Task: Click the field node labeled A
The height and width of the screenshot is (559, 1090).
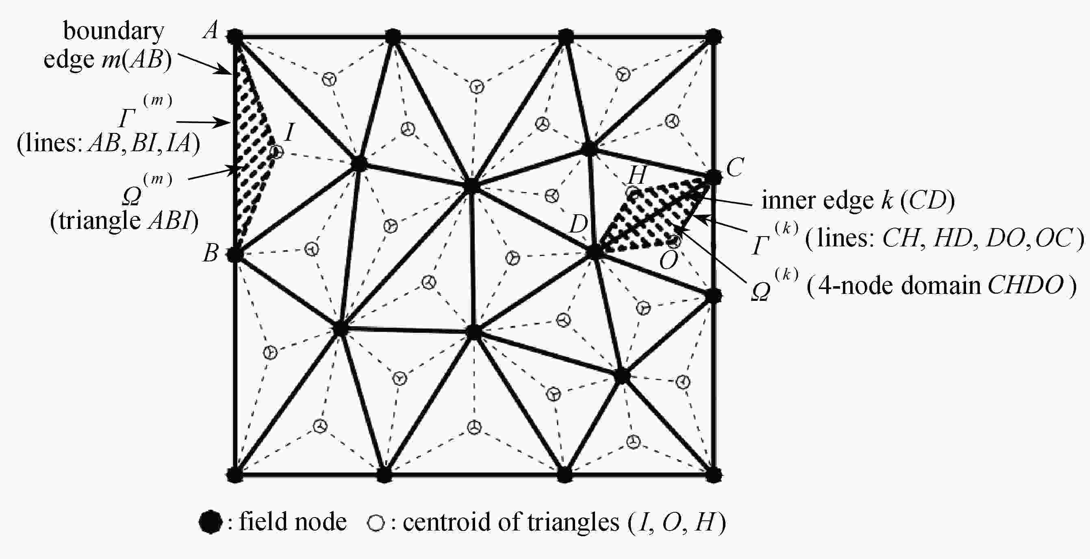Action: click(235, 37)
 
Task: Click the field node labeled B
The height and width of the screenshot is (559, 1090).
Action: click(235, 254)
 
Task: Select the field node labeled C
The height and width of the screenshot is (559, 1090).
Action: click(713, 177)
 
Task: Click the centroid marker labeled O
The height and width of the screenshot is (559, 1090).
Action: click(675, 241)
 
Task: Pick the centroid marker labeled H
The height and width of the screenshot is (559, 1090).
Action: click(633, 193)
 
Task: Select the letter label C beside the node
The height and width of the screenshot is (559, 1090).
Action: click(735, 167)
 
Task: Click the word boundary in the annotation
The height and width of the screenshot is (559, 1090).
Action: click(113, 31)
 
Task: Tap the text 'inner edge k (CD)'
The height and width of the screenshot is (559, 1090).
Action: click(858, 200)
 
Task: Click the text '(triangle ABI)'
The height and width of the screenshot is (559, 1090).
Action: click(124, 220)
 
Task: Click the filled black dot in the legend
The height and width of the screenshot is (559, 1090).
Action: click(210, 522)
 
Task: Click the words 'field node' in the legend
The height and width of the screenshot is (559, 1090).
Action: click(293, 521)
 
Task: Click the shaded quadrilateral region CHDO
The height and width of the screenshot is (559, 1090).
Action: click(656, 216)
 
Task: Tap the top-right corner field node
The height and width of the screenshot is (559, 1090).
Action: click(714, 37)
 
